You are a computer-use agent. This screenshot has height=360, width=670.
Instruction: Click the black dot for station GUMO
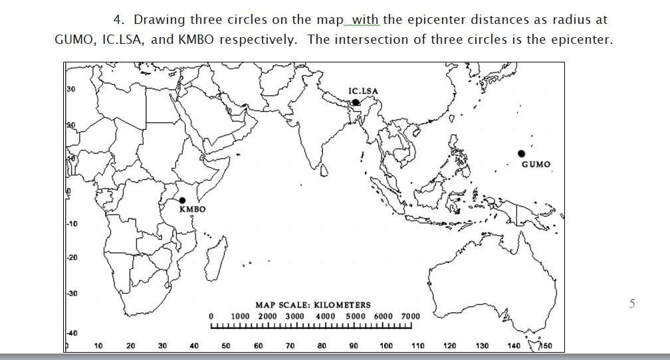point(522,154)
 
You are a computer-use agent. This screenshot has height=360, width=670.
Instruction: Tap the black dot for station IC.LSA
point(356,102)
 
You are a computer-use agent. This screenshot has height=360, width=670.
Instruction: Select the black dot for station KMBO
point(182,200)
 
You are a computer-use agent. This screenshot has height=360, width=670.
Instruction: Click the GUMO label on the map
point(536,165)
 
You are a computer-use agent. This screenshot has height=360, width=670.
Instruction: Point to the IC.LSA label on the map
point(362,91)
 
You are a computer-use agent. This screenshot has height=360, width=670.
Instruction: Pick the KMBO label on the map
point(193,209)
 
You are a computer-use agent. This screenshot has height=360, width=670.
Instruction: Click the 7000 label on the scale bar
point(410,316)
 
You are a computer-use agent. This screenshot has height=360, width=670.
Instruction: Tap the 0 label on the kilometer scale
point(211,316)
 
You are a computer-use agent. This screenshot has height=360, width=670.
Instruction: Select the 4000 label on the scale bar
point(325,316)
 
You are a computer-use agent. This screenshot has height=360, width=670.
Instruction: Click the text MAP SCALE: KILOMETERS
point(313,305)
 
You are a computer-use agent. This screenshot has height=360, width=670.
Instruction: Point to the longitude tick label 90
point(354,346)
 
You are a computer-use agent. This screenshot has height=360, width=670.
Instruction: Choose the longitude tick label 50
point(226,346)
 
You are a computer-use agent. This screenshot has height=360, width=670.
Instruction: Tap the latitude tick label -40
point(72,333)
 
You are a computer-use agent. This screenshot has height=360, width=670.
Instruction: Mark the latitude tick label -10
point(72,224)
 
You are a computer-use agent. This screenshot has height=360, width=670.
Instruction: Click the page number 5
point(632,304)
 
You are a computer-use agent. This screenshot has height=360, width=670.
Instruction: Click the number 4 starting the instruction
point(118,19)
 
